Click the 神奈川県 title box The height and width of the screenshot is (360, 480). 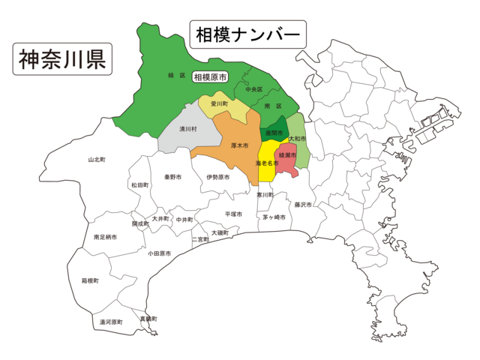click(62, 58)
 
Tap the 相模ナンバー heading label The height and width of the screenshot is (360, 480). click(247, 34)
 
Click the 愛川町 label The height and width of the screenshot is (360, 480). click(219, 104)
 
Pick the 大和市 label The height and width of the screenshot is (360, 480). click(298, 139)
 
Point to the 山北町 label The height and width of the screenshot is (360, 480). click(97, 160)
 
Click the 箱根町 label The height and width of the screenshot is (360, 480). click(91, 280)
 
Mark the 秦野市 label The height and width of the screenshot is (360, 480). click(173, 178)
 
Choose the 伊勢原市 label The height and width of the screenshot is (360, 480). click(217, 178)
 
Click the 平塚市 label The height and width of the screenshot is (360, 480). click(233, 214)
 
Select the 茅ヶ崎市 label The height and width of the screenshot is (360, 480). click(274, 217)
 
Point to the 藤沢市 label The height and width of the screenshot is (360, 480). click(303, 204)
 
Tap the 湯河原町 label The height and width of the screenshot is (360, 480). click(111, 322)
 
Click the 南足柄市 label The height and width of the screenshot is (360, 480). click(105, 237)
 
